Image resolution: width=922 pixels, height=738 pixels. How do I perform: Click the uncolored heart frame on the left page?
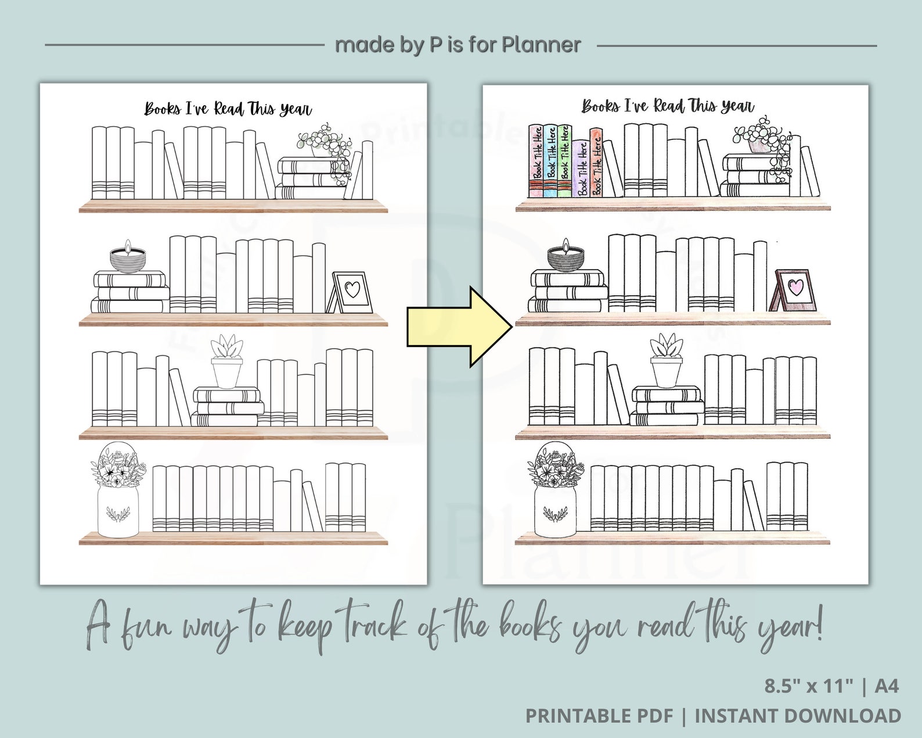352,292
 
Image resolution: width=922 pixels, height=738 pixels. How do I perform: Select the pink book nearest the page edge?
535,160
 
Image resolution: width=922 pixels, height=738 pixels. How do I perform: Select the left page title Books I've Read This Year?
228,109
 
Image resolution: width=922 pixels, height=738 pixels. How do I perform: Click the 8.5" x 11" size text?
809,686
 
